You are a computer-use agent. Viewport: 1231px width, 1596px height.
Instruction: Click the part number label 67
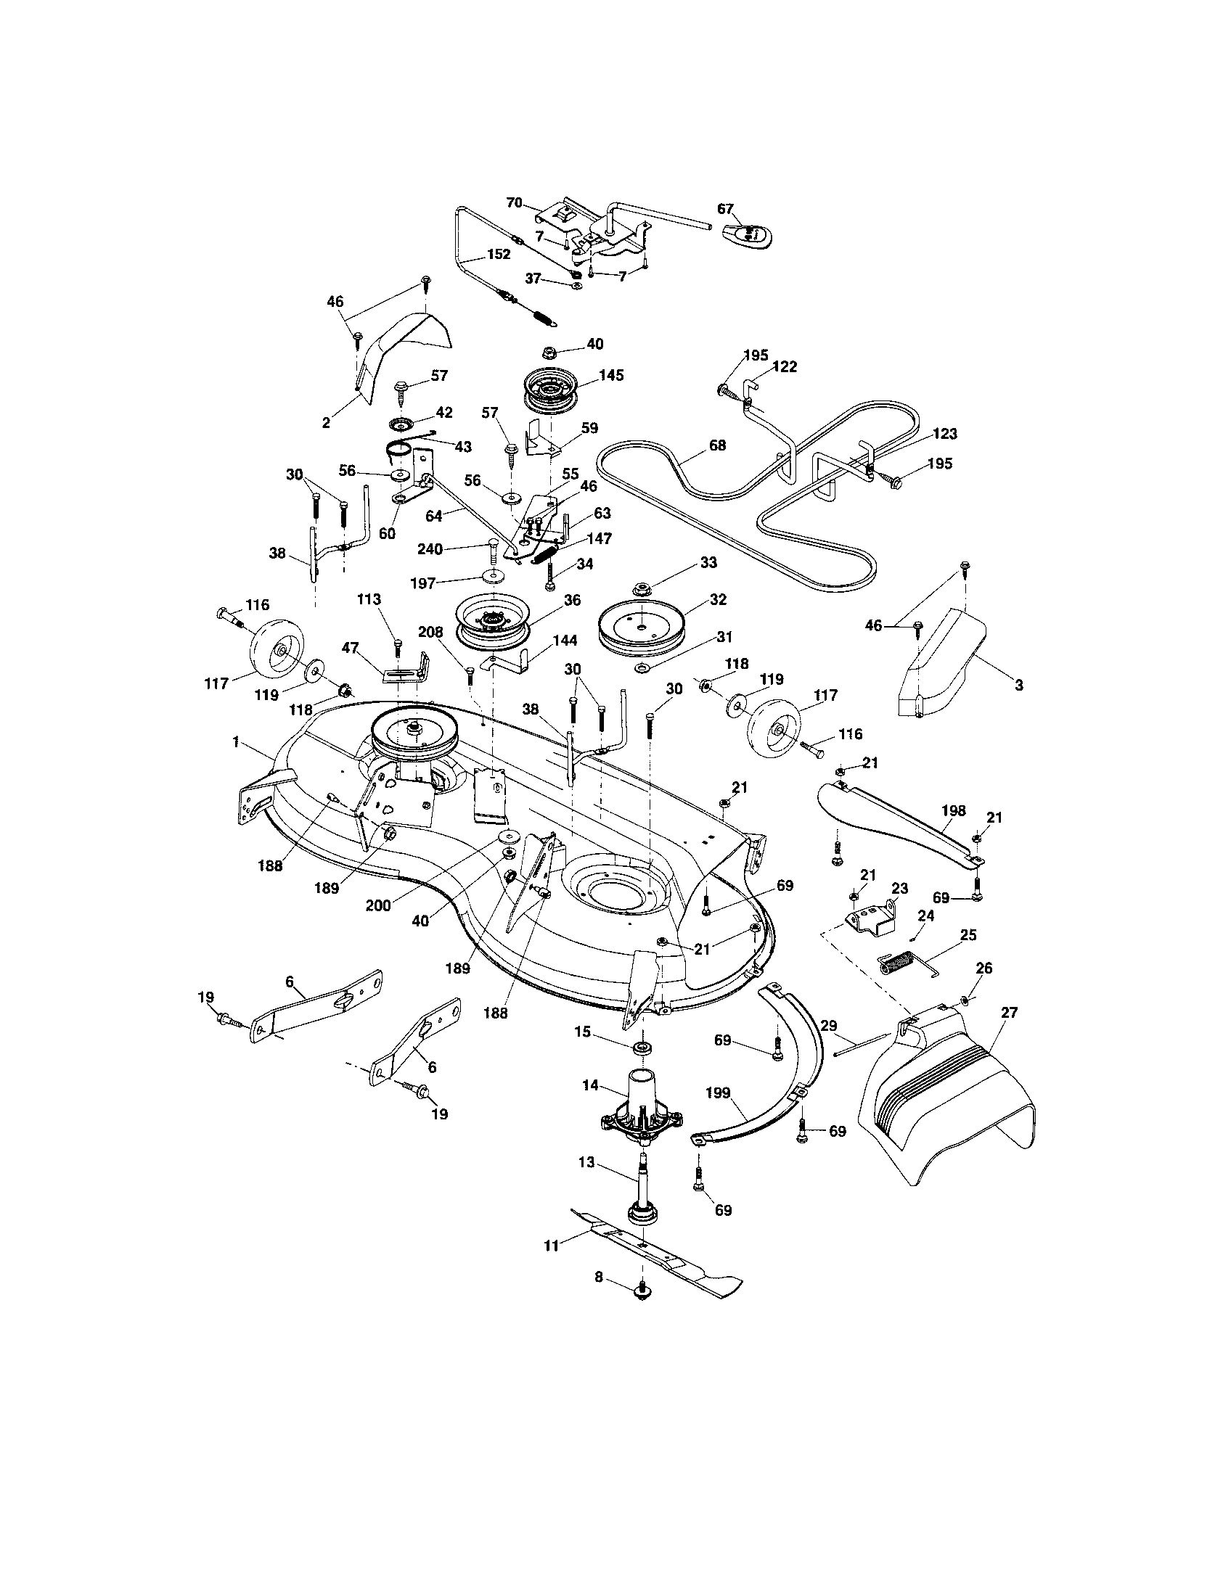pyautogui.click(x=724, y=209)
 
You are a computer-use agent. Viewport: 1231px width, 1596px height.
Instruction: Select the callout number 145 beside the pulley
pyautogui.click(x=611, y=375)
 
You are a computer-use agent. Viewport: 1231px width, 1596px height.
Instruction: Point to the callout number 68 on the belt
pyautogui.click(x=717, y=444)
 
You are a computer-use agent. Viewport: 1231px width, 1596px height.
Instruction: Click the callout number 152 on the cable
pyautogui.click(x=499, y=255)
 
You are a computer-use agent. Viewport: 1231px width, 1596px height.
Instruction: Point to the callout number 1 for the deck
pyautogui.click(x=236, y=741)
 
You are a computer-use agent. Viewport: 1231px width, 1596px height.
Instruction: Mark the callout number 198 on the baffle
pyautogui.click(x=953, y=810)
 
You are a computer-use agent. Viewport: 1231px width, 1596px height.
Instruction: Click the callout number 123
pyautogui.click(x=944, y=433)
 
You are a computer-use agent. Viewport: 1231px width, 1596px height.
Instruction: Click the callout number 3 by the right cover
pyautogui.click(x=1018, y=686)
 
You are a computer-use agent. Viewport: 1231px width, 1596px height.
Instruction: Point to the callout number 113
pyautogui.click(x=369, y=599)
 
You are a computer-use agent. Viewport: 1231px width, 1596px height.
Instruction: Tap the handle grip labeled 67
pyautogui.click(x=751, y=234)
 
